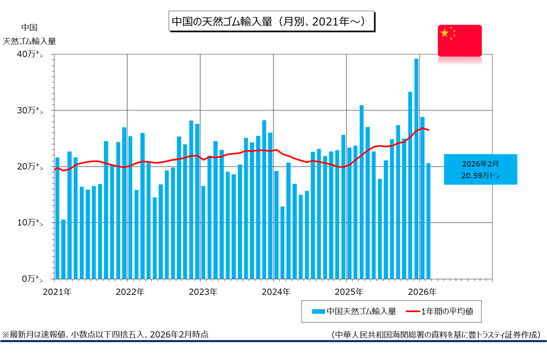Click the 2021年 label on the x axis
(57, 292)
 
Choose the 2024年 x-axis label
(276, 292)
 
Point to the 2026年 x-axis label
(422, 292)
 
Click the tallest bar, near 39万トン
(416, 168)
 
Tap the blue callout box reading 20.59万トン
(480, 170)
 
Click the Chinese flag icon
(459, 40)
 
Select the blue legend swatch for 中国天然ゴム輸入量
(318, 311)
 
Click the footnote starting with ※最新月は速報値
(105, 335)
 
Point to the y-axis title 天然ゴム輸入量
(30, 41)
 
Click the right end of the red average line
(429, 130)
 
